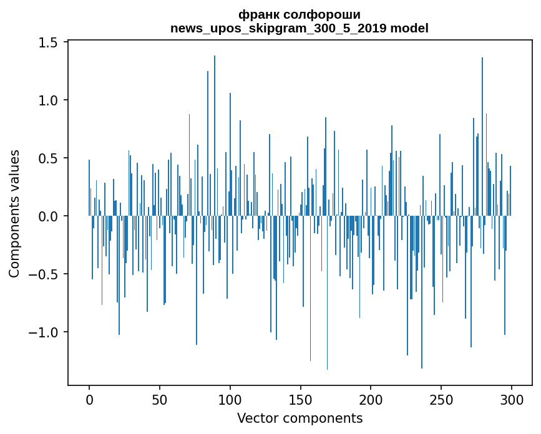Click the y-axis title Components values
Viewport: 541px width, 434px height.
tap(14, 213)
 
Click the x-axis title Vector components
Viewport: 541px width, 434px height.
tap(300, 418)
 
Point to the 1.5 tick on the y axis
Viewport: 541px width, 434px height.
tap(48, 42)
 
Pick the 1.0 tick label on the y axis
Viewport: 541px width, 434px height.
tap(48, 100)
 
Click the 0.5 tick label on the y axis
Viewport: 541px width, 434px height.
tap(48, 158)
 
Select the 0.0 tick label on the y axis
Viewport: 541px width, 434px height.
tap(48, 216)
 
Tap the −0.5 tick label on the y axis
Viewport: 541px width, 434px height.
tap(44, 274)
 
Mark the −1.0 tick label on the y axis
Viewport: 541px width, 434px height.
tap(44, 332)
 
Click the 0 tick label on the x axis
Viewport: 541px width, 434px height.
tap(89, 398)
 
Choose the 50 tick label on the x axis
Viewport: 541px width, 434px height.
tap(160, 398)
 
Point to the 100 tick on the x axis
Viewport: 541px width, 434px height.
tap(230, 398)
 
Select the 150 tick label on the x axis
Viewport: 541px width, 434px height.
tap(301, 398)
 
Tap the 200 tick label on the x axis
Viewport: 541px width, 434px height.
tap(371, 398)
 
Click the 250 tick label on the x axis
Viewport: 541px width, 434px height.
tap(442, 398)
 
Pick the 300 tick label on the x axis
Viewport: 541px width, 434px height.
tap(512, 398)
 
